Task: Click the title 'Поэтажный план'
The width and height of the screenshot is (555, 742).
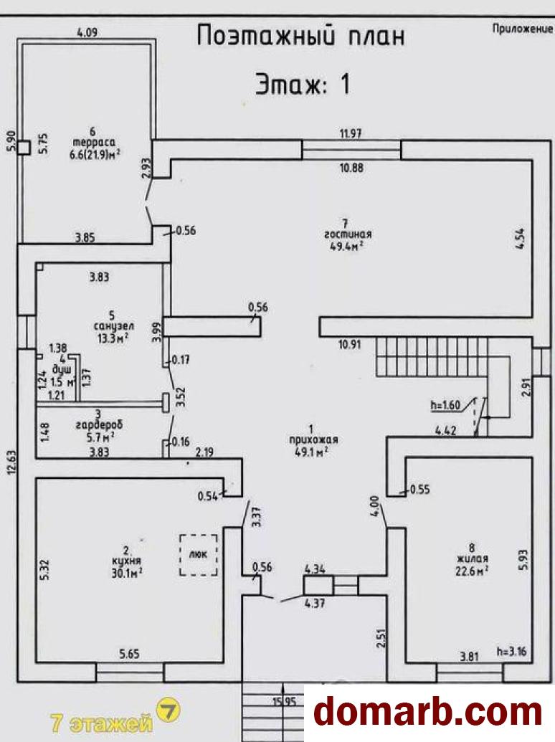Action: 301,36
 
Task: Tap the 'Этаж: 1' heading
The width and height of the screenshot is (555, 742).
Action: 303,85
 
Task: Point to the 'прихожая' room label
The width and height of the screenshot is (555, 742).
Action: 310,440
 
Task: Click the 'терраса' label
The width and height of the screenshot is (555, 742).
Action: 99,141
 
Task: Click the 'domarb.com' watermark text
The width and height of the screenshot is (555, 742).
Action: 429,713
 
